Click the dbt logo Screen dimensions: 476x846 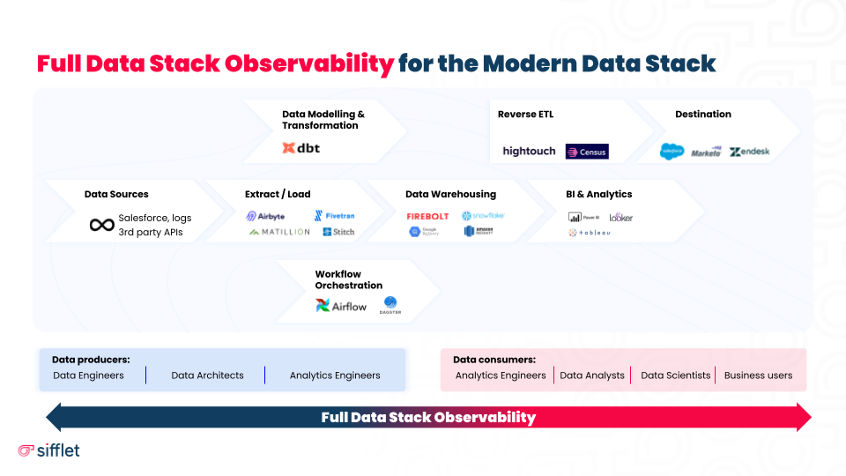pyautogui.click(x=301, y=148)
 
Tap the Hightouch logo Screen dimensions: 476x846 pyautogui.click(x=529, y=152)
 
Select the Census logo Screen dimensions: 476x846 pyautogui.click(x=587, y=152)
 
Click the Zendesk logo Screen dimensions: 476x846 pyautogui.click(x=749, y=152)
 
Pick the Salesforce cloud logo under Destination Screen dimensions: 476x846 pyautogui.click(x=672, y=152)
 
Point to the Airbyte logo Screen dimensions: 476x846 pyautogui.click(x=265, y=216)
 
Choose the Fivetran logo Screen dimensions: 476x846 pyautogui.click(x=334, y=216)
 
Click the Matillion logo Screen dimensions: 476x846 pyautogui.click(x=279, y=232)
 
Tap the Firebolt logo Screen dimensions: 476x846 pyautogui.click(x=427, y=216)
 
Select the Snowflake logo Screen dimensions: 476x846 pyautogui.click(x=483, y=216)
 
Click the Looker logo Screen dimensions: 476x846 pyautogui.click(x=620, y=217)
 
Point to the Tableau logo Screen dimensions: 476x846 pyautogui.click(x=590, y=233)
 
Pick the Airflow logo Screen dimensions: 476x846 pyautogui.click(x=341, y=306)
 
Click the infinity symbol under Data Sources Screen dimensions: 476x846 pyautogui.click(x=102, y=225)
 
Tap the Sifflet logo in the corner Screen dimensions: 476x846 pyautogui.click(x=48, y=450)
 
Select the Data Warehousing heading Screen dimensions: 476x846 pyautogui.click(x=450, y=194)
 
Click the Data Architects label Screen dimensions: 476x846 pyautogui.click(x=207, y=376)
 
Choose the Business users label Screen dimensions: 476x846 pyautogui.click(x=758, y=376)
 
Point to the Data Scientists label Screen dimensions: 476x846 pyautogui.click(x=675, y=376)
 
